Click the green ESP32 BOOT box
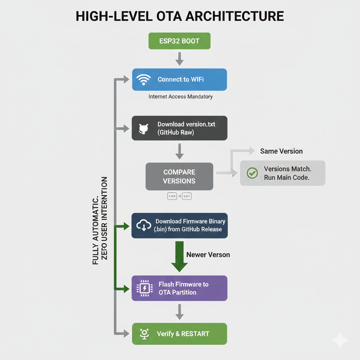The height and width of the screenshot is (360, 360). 179,41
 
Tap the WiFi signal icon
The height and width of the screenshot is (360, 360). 143,79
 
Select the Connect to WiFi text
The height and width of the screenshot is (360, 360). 180,79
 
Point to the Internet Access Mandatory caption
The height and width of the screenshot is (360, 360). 180,96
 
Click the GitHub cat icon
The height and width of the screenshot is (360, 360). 143,129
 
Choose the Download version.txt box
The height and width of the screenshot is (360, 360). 179,128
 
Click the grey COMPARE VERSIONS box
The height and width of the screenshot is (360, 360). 179,176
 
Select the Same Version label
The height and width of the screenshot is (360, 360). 281,151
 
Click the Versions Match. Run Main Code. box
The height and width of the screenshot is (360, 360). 283,173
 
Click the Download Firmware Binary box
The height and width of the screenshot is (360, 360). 179,225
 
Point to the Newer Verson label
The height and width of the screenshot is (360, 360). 208,255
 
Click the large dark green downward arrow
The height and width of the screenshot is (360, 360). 179,257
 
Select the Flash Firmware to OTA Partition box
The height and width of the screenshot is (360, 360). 179,288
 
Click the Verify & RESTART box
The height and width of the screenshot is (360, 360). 179,334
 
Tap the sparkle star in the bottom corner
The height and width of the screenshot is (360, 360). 340,340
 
